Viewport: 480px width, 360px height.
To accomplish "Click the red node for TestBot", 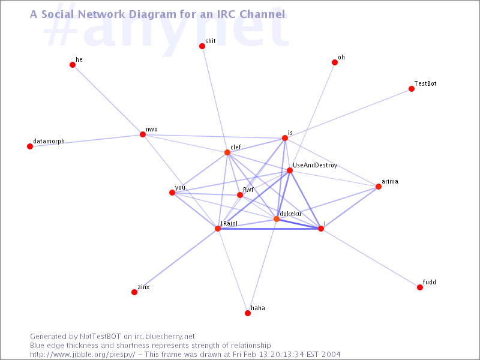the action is click(412, 89).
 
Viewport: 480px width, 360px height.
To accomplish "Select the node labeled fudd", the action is click(420, 287).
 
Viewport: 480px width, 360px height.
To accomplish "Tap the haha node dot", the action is click(248, 313).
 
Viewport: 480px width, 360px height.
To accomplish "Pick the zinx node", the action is click(134, 292).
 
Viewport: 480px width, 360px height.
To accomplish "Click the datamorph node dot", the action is click(30, 146).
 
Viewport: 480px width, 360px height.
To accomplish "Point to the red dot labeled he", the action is click(73, 65).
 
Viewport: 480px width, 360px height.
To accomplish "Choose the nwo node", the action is click(143, 134).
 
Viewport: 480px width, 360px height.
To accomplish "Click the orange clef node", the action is click(227, 152).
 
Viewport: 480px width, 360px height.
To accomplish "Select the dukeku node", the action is click(277, 219).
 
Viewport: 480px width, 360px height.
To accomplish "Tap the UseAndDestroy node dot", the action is click(290, 170).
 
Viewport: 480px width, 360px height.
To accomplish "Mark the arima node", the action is click(379, 187).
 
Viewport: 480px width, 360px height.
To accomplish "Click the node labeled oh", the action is click(335, 62).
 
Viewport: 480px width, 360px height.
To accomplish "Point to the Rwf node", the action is click(240, 195).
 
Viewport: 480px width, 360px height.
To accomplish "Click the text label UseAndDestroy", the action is click(315, 166).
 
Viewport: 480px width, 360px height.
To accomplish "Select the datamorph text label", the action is click(49, 141).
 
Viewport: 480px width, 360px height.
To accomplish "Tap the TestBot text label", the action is click(425, 83).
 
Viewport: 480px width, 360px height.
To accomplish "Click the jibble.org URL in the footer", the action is click(83, 355).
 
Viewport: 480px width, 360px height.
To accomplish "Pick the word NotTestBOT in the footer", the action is click(100, 337).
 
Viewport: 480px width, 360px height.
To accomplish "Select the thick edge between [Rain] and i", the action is click(269, 229).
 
